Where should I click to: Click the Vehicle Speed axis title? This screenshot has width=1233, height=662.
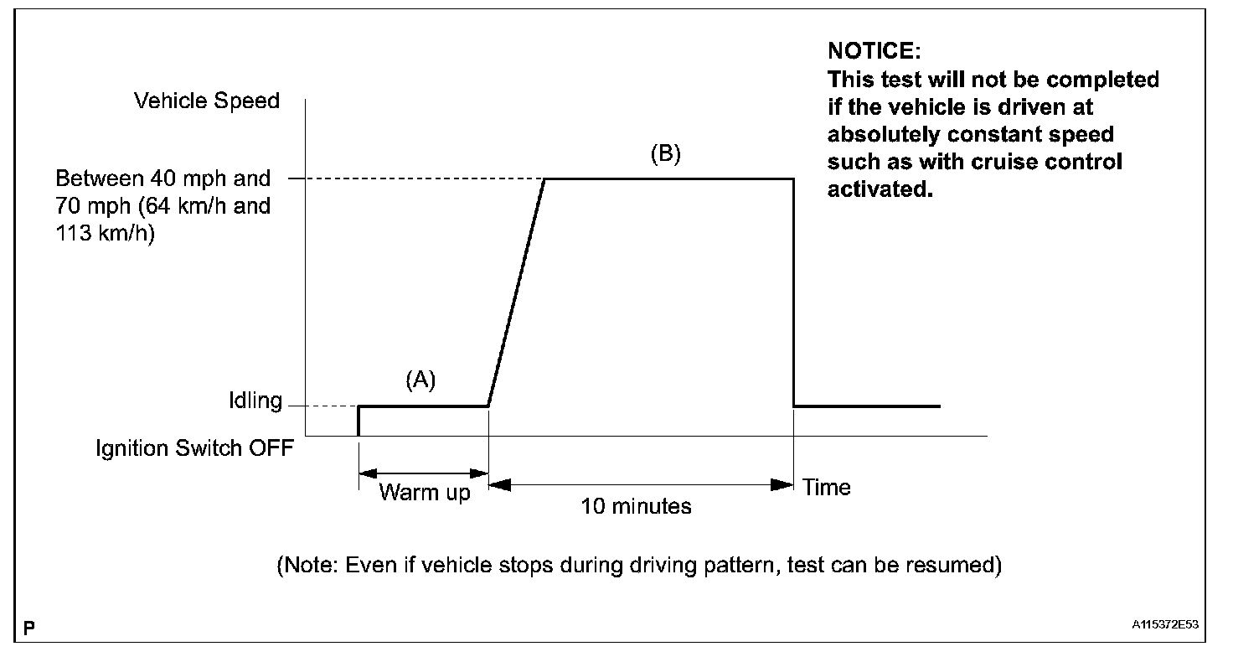click(x=207, y=101)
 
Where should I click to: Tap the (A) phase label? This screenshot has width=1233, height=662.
click(x=420, y=380)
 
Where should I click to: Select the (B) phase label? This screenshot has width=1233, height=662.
click(x=666, y=154)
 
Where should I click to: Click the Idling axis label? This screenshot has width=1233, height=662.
click(x=255, y=401)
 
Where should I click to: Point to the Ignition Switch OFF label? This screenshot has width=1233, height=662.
click(x=195, y=448)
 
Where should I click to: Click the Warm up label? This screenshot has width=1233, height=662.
click(x=425, y=492)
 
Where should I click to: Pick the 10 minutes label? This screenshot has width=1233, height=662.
click(x=637, y=506)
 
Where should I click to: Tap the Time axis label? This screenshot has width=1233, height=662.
click(x=826, y=488)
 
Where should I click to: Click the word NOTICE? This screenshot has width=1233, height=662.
click(x=874, y=51)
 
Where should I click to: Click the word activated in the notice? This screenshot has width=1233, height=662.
click(x=879, y=189)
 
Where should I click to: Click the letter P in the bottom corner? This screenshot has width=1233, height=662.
click(x=29, y=627)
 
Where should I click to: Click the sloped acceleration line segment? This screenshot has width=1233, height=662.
click(x=516, y=293)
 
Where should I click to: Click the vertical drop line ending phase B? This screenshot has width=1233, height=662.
click(x=793, y=293)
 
